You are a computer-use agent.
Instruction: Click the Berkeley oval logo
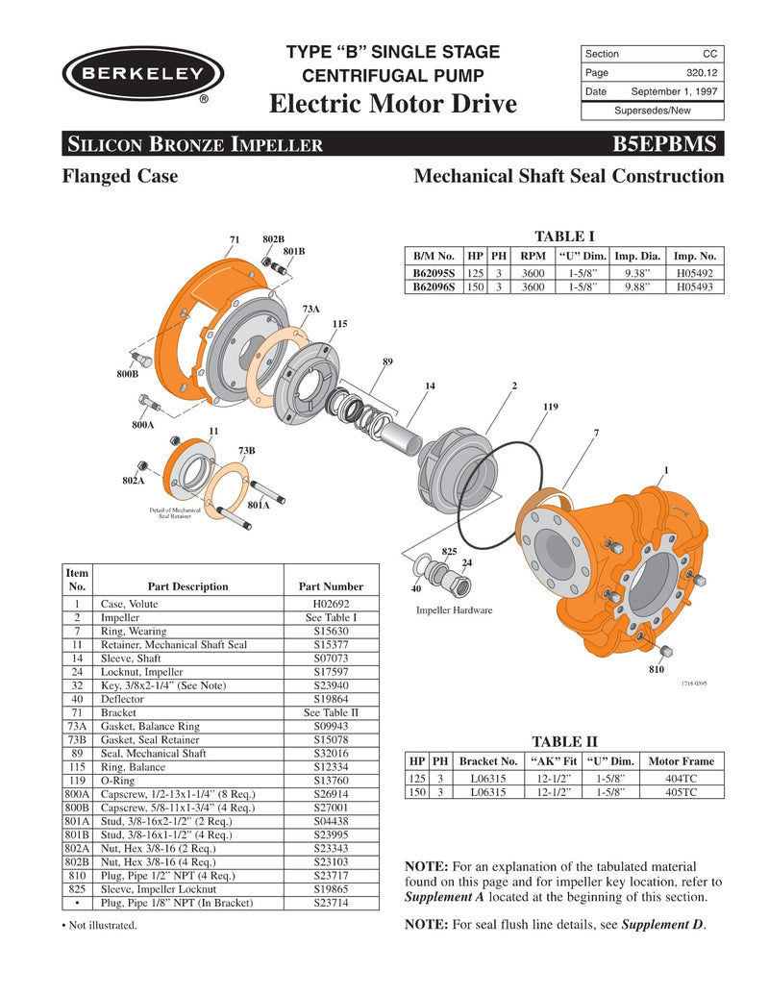coord(141,74)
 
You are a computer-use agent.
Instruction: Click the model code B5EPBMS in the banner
coord(664,144)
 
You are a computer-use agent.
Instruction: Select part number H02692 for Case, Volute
coord(330,604)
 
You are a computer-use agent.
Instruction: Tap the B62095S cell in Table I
coord(434,273)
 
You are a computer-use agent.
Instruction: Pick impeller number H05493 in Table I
coord(694,286)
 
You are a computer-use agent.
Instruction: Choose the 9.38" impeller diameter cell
coord(637,273)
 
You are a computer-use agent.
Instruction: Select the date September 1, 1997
coord(673,91)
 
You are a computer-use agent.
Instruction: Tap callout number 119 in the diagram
coord(550,408)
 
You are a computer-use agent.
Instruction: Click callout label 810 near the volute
coord(657,669)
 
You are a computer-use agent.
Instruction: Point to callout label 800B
coord(128,373)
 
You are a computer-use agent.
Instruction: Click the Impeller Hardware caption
coord(455,609)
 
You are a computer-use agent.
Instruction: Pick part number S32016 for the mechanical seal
coord(330,755)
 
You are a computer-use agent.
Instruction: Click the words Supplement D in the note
coord(662,925)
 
